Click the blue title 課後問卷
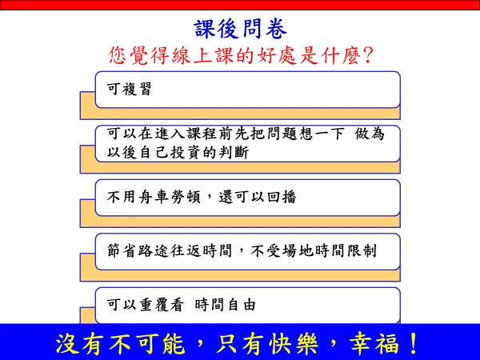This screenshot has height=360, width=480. pyautogui.click(x=241, y=29)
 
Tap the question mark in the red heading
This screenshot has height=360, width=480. pyautogui.click(x=367, y=56)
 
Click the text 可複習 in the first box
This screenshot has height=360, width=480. pyautogui.click(x=129, y=89)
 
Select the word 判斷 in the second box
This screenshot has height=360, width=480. pyautogui.click(x=234, y=152)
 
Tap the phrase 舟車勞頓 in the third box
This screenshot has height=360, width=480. pyautogui.click(x=170, y=197)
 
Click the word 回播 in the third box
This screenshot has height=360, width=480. pyautogui.click(x=282, y=197)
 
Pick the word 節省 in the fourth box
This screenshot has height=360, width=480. pyautogui.click(x=122, y=250)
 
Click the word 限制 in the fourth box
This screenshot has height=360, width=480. pyautogui.click(x=362, y=250)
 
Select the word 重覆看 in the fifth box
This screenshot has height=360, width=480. pyautogui.click(x=162, y=305)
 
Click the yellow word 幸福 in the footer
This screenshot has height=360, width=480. pyautogui.click(x=374, y=343)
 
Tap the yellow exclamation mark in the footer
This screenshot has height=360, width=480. pyautogui.click(x=414, y=343)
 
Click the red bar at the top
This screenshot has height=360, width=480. pyautogui.click(x=240, y=5)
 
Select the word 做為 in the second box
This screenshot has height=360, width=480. pyautogui.click(x=370, y=134)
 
